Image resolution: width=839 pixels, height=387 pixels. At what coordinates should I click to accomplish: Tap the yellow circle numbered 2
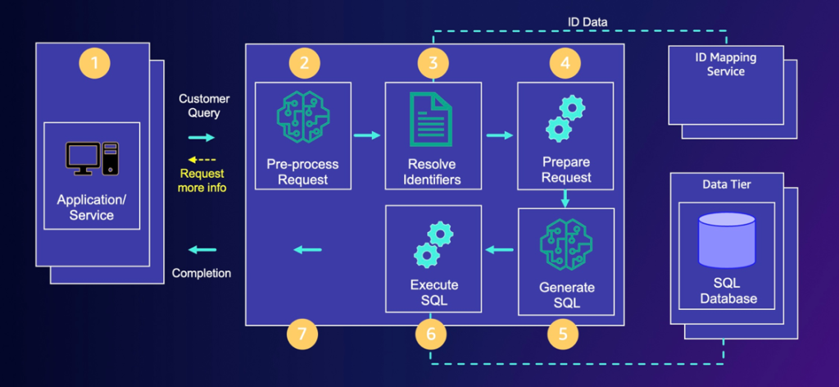click(303, 63)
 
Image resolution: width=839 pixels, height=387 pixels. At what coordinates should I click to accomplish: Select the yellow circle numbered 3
click(433, 63)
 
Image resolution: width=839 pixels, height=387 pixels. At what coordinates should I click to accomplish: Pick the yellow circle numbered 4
click(564, 63)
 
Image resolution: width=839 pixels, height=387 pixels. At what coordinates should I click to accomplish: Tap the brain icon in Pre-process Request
click(302, 118)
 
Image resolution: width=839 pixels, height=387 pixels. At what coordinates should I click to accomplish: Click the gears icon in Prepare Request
click(565, 120)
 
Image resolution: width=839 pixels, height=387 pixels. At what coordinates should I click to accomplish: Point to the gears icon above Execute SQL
click(433, 244)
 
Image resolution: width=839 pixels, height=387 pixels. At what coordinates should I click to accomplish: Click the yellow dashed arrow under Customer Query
click(202, 159)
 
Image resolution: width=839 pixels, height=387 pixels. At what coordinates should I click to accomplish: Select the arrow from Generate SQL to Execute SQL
click(500, 249)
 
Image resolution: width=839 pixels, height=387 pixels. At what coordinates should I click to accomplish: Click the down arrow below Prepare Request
click(565, 198)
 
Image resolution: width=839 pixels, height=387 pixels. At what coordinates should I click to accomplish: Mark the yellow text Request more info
click(202, 180)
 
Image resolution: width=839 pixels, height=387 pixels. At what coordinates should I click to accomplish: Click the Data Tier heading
click(727, 184)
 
